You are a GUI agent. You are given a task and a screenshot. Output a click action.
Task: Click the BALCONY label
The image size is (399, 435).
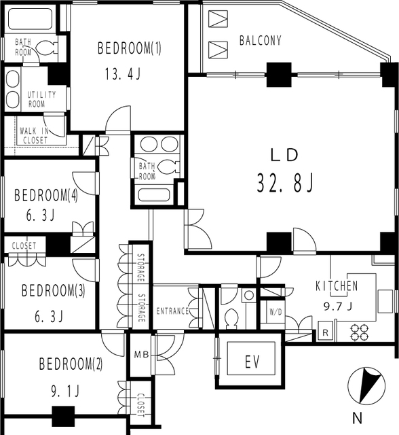261,41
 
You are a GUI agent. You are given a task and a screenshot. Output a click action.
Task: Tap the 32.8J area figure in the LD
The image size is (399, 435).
286,183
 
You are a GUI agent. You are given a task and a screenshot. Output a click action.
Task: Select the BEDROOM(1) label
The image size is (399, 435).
130,48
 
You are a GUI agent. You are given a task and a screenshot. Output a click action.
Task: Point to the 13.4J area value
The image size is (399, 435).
123,74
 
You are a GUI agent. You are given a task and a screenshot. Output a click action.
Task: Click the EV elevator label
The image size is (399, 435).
252,362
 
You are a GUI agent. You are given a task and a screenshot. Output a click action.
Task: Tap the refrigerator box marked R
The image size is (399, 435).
325,332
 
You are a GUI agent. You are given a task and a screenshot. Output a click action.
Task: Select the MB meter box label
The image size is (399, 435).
142,354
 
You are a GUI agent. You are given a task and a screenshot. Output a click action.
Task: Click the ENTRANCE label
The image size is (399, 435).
172,311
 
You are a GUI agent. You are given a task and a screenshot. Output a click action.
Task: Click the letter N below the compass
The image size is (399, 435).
358,418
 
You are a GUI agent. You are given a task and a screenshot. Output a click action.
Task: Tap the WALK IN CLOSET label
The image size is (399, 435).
35,135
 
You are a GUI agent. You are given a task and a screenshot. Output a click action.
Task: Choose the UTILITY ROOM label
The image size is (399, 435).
41,99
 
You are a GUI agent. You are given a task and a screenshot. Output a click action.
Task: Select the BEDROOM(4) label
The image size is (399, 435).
46,195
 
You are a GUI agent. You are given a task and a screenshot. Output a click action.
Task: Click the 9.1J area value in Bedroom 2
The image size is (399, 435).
65,391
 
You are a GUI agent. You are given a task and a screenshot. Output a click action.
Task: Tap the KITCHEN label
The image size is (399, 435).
337,286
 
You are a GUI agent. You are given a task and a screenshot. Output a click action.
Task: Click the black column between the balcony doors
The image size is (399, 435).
279,75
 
